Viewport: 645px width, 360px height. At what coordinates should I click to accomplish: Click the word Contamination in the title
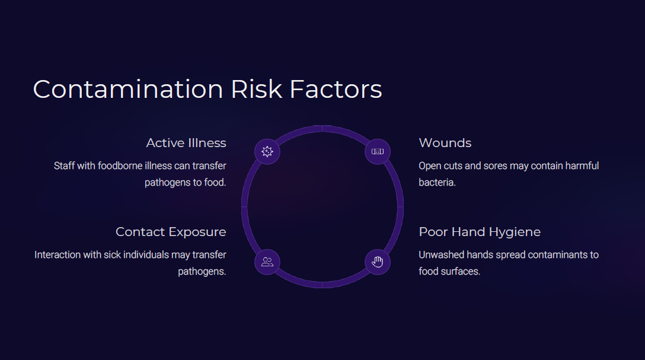[128, 89]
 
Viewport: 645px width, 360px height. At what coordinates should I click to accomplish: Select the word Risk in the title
[257, 89]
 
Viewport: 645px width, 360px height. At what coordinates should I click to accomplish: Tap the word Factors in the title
[336, 89]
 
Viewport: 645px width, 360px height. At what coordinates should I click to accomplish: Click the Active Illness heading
[186, 143]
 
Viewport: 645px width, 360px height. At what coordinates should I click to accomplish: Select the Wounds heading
[445, 143]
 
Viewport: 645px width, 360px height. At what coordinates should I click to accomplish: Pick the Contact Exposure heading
[171, 232]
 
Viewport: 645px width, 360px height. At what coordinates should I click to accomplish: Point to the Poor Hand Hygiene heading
[480, 232]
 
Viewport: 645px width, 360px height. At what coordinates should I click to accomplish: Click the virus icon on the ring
[267, 152]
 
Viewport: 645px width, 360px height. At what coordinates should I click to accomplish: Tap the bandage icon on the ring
[378, 152]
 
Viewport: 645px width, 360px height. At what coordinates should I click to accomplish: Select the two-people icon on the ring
[267, 262]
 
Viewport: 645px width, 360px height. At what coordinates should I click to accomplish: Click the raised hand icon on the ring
[378, 262]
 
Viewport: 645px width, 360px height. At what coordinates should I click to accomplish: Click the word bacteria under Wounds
[438, 182]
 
